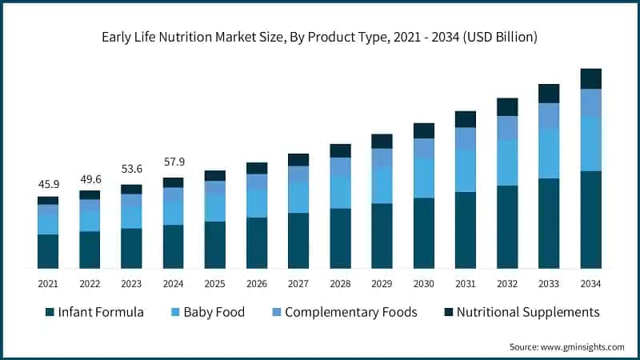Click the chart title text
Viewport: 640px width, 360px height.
pos(319,37)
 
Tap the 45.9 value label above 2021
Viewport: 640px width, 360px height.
pos(48,184)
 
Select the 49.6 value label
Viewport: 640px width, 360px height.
pos(90,178)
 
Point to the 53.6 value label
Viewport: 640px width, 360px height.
pos(131,172)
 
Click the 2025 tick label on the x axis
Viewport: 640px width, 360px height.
pos(215,284)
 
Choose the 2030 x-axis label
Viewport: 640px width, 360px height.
pos(424,284)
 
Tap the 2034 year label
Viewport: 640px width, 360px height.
pos(591,284)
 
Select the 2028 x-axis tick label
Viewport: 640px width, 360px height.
pos(341,284)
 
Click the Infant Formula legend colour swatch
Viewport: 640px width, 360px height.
pos(50,312)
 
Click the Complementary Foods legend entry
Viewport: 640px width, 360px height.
pos(351,312)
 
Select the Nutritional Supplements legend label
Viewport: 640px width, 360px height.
pos(528,312)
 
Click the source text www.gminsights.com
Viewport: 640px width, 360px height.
pos(566,346)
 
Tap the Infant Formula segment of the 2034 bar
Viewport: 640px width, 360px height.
pos(591,219)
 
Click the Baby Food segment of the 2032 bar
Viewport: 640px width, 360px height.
pos(507,163)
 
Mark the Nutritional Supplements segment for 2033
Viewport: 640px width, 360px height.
pos(549,94)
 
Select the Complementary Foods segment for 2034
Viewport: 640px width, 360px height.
pos(591,102)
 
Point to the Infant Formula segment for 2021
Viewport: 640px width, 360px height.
pos(48,251)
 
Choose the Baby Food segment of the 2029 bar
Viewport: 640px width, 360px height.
pos(382,186)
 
